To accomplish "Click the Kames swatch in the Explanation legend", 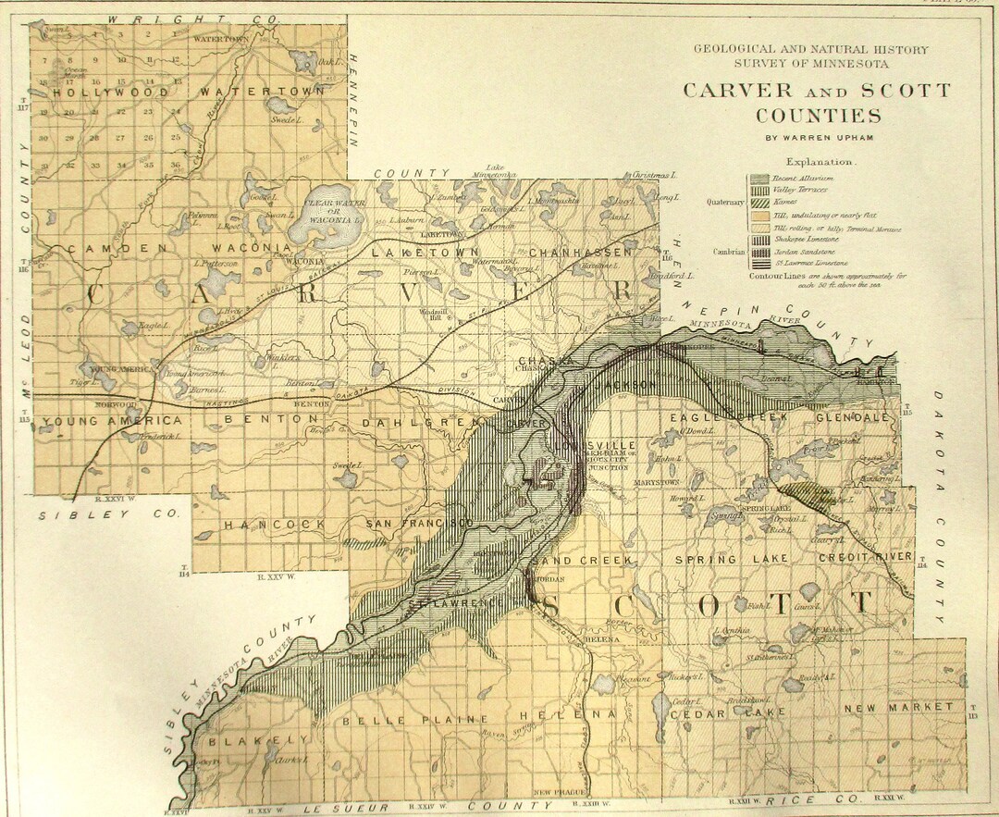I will point(760,203).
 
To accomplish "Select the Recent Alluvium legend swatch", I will point(760,178).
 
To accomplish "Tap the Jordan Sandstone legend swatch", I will point(760,252).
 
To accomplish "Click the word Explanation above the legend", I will point(820,160).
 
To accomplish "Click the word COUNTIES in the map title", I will point(818,116).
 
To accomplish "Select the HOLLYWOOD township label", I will point(111,93).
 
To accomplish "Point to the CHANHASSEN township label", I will point(582,251).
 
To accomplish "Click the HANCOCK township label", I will point(274,524).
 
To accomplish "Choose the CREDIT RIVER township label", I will point(864,556).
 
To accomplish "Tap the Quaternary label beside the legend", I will point(726,202).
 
